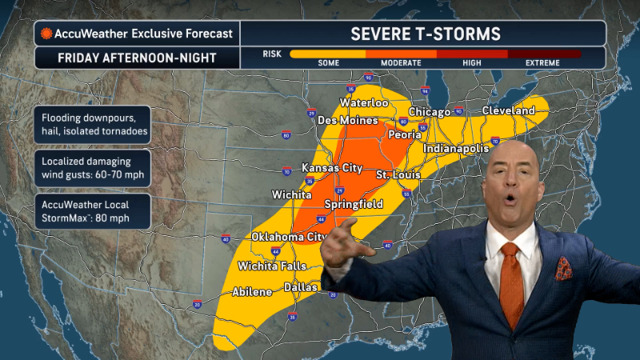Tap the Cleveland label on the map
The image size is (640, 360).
tap(508, 110)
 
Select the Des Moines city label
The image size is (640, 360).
tap(347, 121)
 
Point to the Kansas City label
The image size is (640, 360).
tap(327, 168)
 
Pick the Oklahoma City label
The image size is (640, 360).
tap(288, 237)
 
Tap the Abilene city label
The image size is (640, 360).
tap(252, 292)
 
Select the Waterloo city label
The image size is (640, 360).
tap(363, 103)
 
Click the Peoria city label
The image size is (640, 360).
tap(404, 135)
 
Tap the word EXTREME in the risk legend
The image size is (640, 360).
tap(547, 62)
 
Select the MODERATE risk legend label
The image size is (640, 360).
tap(401, 62)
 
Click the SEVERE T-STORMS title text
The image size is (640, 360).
tap(426, 34)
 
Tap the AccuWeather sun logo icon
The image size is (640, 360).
tap(47, 34)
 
